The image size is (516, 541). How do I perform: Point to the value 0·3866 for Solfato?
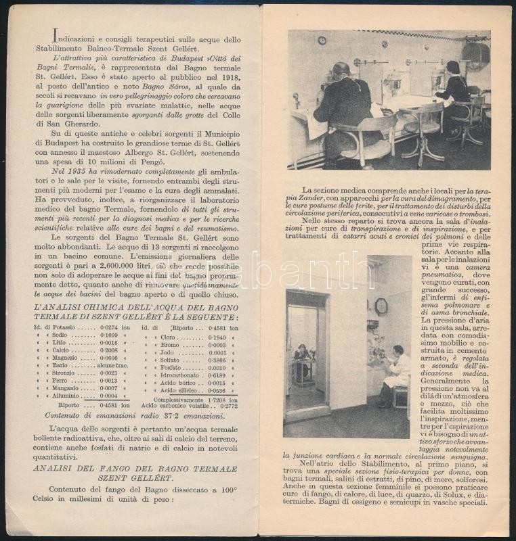[217, 361]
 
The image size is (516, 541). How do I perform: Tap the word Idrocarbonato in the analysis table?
[188, 375]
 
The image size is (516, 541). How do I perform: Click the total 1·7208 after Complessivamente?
[217, 400]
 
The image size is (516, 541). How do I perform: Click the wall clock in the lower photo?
[381, 306]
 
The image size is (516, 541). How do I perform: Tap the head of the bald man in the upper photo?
[341, 69]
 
